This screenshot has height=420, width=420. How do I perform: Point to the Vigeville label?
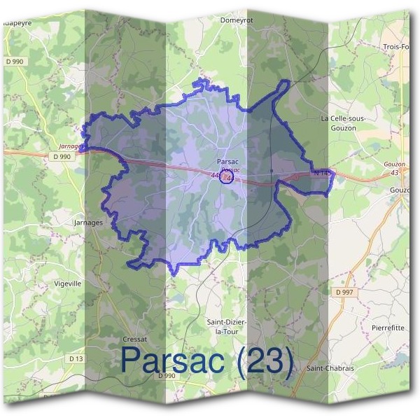tap(68, 283)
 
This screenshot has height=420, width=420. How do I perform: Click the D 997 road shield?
tap(344, 291)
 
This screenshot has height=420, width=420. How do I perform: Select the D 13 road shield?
tap(76, 358)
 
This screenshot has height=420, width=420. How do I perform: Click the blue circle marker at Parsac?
tap(225, 177)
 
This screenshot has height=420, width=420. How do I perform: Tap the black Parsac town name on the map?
tap(227, 162)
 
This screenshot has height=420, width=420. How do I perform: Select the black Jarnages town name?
tap(88, 222)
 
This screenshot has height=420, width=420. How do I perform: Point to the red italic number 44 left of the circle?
tap(213, 174)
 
